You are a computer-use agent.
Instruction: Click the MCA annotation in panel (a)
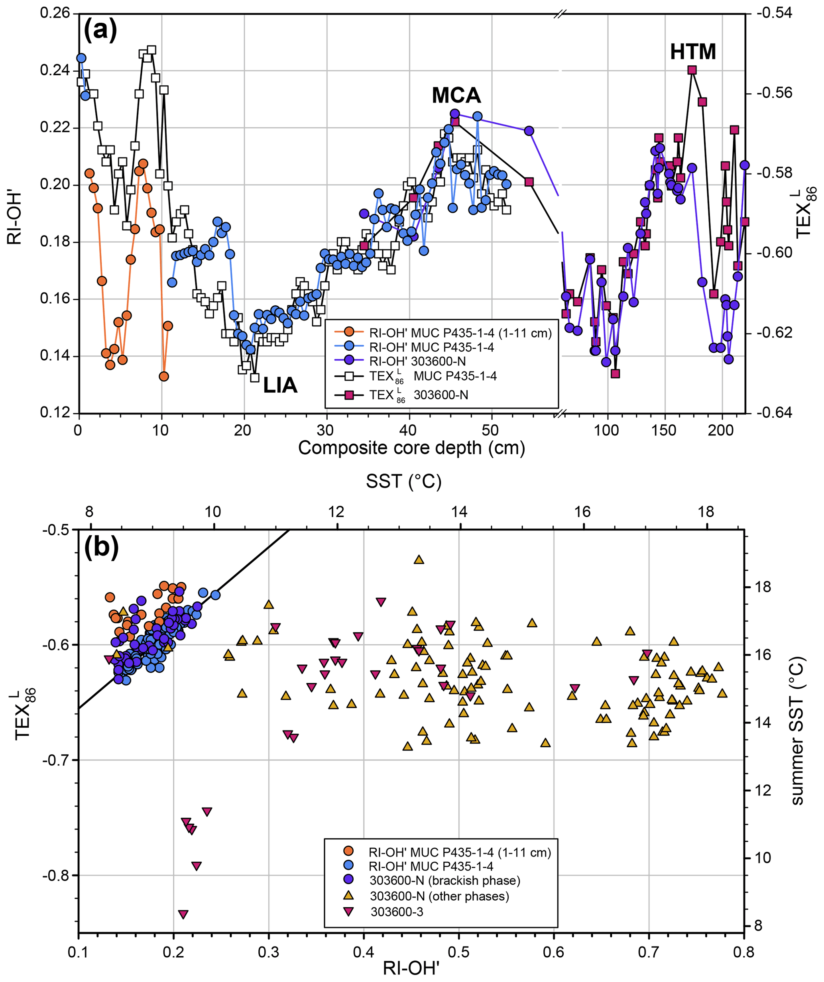456,95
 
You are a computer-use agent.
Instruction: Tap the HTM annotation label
692,51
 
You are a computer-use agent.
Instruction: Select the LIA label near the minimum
280,385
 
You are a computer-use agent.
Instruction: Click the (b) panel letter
101,547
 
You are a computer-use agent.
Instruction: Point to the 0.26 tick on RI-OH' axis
55,13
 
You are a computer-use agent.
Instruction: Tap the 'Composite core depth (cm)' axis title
411,448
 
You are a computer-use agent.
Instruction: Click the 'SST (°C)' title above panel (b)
403,481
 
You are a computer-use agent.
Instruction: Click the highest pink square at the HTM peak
692,70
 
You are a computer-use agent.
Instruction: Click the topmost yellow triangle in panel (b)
419,560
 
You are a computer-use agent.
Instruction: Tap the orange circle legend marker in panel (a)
349,332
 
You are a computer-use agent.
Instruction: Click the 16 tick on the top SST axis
583,512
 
